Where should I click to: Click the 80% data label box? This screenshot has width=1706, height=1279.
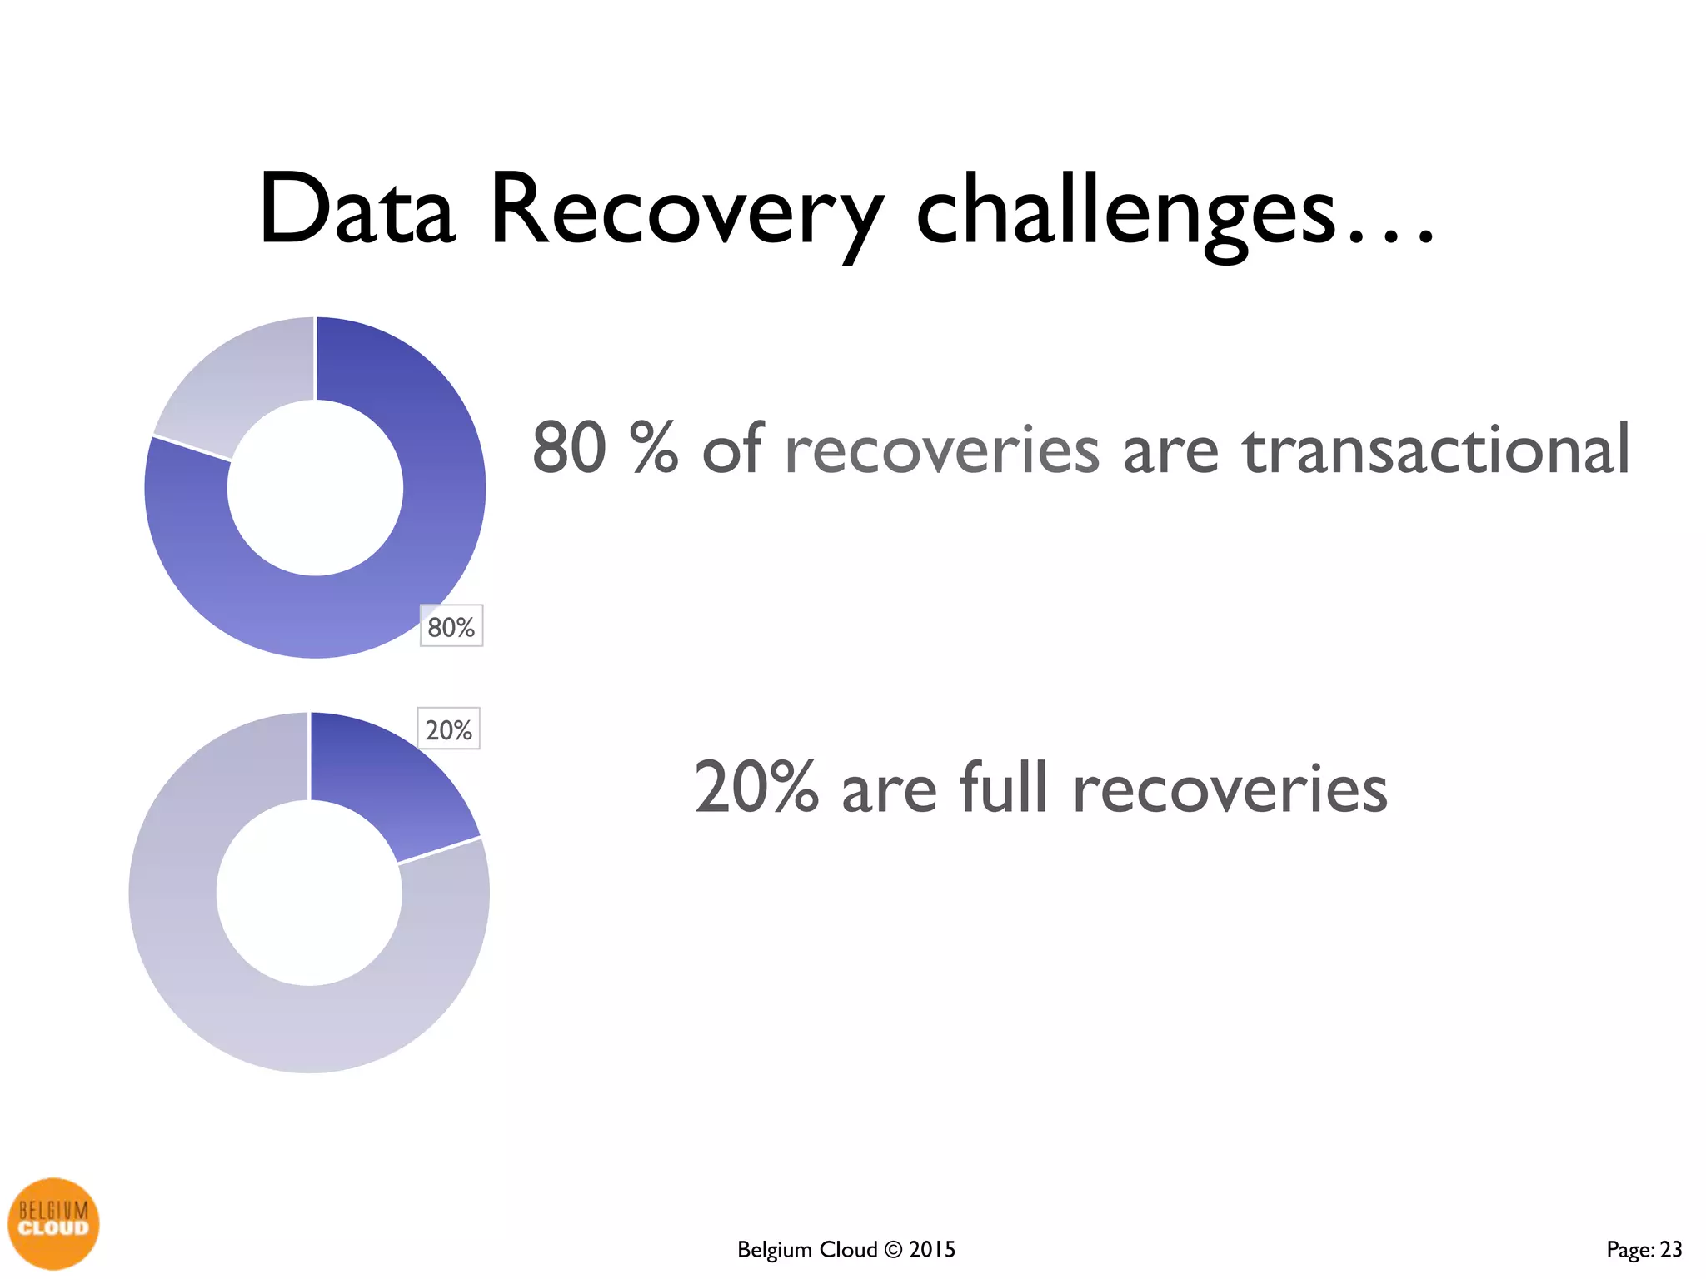[451, 626]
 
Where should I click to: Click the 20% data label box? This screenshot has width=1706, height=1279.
[448, 729]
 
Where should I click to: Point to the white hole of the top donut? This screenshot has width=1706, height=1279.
[315, 488]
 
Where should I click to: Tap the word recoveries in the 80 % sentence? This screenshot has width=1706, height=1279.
[942, 450]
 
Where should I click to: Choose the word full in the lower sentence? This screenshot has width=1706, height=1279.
[1003, 787]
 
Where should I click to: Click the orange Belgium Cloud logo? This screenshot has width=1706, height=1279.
[53, 1223]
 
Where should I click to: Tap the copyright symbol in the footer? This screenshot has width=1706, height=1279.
[893, 1250]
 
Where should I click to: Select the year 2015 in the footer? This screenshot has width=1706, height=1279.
[932, 1250]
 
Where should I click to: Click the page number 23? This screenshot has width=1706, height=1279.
[1671, 1250]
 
